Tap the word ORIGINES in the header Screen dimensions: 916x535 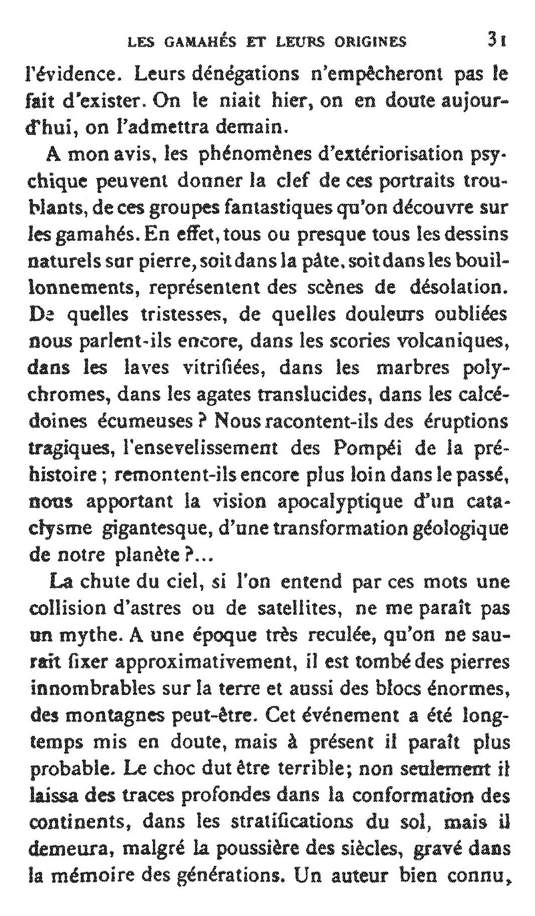tap(370, 42)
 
